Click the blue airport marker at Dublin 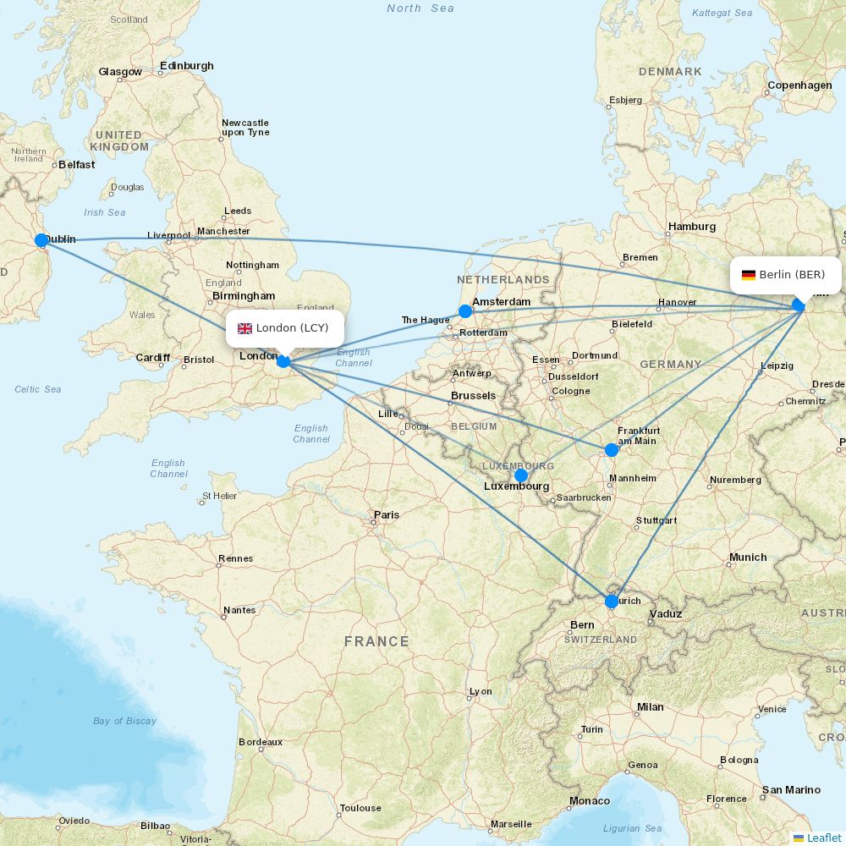41,240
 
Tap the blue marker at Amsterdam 465,311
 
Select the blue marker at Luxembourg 521,475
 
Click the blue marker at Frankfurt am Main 612,450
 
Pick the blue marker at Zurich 612,602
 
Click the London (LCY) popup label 285,328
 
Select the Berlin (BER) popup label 786,275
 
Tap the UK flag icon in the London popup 245,328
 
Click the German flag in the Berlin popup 749,275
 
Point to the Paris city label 387,514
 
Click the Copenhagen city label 799,85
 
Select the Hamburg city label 691,227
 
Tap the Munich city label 747,558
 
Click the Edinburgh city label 186,66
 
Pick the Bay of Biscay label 124,721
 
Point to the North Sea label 420,8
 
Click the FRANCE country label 376,642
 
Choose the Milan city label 650,707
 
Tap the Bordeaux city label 261,742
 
